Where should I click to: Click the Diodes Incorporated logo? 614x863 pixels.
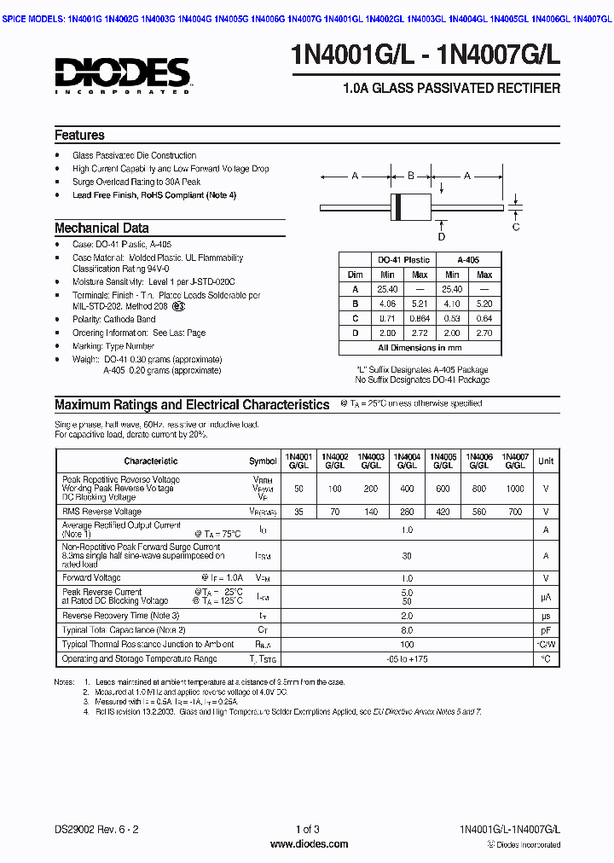tap(122, 74)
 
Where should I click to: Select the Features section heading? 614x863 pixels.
tap(79, 136)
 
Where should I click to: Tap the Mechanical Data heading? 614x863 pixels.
tap(101, 229)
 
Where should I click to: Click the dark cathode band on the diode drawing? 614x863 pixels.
tap(396, 206)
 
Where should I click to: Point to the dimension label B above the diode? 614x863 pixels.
tap(410, 176)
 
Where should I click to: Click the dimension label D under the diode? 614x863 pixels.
tap(442, 236)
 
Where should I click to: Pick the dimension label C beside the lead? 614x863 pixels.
tap(516, 227)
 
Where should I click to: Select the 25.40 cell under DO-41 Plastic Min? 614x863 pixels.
tap(387, 289)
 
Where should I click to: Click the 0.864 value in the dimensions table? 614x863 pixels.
tap(420, 318)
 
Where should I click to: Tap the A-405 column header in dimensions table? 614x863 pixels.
tap(468, 259)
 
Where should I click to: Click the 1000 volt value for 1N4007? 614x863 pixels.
tap(515, 489)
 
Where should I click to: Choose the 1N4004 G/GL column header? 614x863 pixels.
tap(407, 460)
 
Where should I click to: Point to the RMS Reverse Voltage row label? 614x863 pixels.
tap(101, 512)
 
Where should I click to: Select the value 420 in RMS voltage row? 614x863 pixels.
tap(443, 512)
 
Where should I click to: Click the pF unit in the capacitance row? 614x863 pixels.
tap(546, 630)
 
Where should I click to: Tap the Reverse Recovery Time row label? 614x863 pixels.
tap(120, 616)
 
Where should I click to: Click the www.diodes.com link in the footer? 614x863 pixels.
tap(309, 844)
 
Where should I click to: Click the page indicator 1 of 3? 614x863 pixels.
tap(308, 830)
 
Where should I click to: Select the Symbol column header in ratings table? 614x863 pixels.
tap(263, 461)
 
